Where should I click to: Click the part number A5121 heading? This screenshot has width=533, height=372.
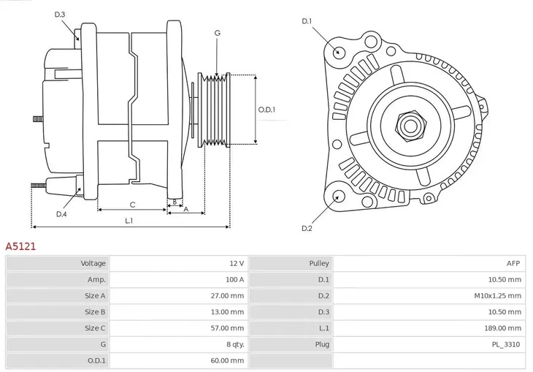[20, 247]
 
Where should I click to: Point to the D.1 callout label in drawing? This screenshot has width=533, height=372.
[307, 21]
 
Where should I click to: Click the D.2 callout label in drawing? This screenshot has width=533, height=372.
[307, 229]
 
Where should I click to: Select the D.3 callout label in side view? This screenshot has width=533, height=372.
[60, 15]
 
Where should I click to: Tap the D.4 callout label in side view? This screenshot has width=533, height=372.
[61, 214]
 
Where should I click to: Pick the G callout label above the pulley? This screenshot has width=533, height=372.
[217, 33]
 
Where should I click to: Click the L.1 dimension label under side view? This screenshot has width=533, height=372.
[129, 220]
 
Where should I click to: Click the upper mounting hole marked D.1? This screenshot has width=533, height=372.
[338, 52]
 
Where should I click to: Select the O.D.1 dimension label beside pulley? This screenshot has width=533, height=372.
[266, 110]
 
